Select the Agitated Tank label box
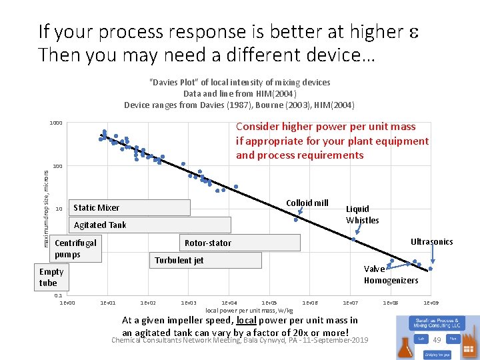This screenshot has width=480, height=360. (x=149, y=225)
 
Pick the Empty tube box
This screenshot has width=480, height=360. (x=51, y=277)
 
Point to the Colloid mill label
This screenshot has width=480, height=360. (x=307, y=203)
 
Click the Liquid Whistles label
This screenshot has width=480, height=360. (x=362, y=215)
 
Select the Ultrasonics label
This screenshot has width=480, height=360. (x=431, y=242)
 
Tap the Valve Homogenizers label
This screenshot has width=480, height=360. (x=391, y=275)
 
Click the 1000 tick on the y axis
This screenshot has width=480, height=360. (x=55, y=123)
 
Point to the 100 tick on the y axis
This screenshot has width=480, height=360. (x=57, y=166)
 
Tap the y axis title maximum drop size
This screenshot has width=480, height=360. (x=46, y=209)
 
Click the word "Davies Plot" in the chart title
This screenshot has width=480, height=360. (x=173, y=83)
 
